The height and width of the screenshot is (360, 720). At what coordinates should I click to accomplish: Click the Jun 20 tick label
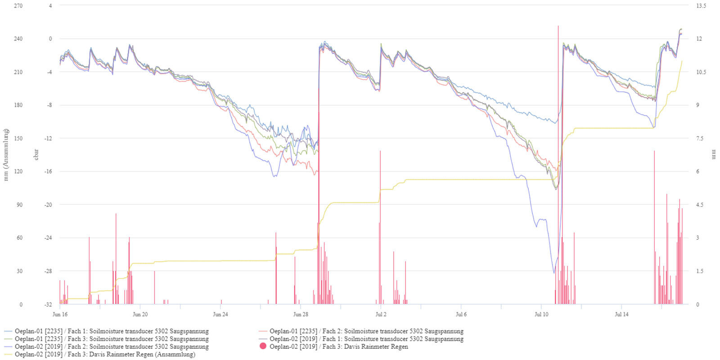coord(140,315)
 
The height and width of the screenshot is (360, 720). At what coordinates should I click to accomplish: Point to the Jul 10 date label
coord(541,315)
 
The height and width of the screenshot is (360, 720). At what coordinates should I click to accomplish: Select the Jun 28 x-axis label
coord(301,315)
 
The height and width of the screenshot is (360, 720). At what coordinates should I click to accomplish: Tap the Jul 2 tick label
coord(381,315)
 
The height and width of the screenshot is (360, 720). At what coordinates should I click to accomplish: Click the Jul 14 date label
coord(621,315)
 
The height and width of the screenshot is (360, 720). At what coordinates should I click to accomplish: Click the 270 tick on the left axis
coord(18,6)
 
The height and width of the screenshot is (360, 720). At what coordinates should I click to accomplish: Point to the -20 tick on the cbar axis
coord(48,205)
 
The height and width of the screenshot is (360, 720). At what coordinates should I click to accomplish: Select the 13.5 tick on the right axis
coord(701,6)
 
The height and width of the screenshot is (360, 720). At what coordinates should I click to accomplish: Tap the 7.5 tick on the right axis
coord(700,139)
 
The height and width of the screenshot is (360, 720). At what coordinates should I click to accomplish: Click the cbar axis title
coord(36,155)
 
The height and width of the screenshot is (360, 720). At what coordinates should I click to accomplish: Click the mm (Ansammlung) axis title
coord(6,155)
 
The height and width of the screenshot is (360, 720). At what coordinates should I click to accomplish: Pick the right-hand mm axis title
coord(713,155)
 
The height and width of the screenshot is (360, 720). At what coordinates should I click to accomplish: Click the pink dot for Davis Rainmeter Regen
coord(263,346)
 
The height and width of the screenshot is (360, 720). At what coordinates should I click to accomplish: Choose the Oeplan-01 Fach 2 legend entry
coord(366,331)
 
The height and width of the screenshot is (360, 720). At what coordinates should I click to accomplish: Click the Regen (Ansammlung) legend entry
coord(104,354)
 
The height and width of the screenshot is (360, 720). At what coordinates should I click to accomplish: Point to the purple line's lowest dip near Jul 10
coord(553,272)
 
